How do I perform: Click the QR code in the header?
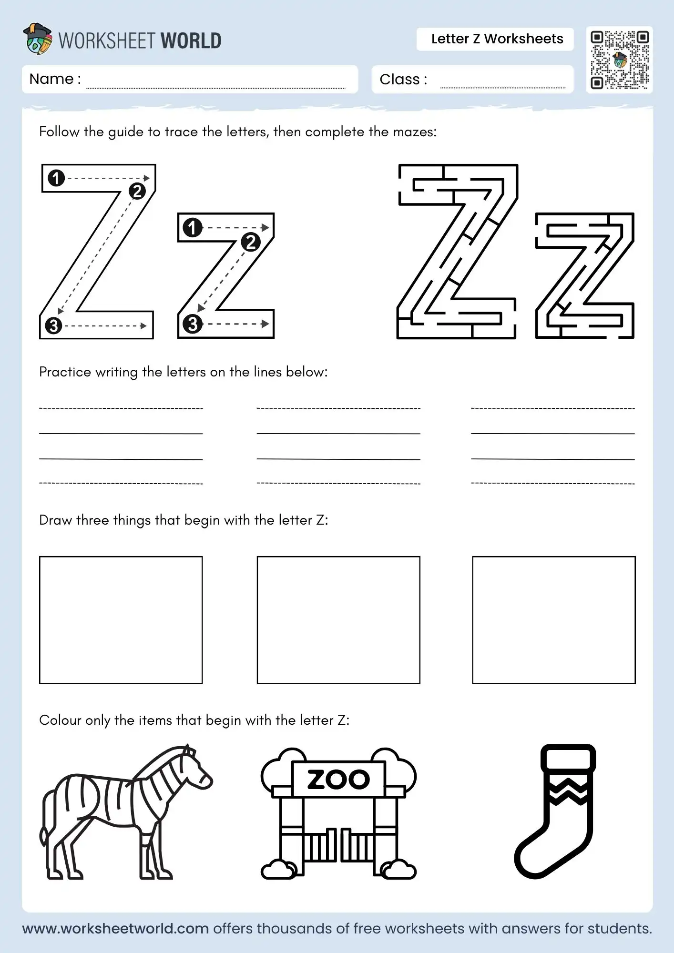(x=619, y=60)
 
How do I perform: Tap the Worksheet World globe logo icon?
(x=38, y=39)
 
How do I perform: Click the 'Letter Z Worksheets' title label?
(x=497, y=39)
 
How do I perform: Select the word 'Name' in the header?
(x=51, y=79)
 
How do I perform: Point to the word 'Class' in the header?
(x=399, y=80)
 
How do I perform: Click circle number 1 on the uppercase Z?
(x=56, y=178)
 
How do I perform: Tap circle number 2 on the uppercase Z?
(x=137, y=191)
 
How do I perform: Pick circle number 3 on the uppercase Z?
(x=53, y=326)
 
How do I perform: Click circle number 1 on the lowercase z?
(x=193, y=228)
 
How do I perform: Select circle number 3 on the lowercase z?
(x=193, y=324)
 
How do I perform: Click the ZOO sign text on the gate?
(x=338, y=780)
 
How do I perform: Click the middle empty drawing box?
(x=338, y=620)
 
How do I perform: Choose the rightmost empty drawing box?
(x=554, y=620)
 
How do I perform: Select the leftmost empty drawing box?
(x=121, y=620)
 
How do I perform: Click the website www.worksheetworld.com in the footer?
(x=115, y=929)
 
